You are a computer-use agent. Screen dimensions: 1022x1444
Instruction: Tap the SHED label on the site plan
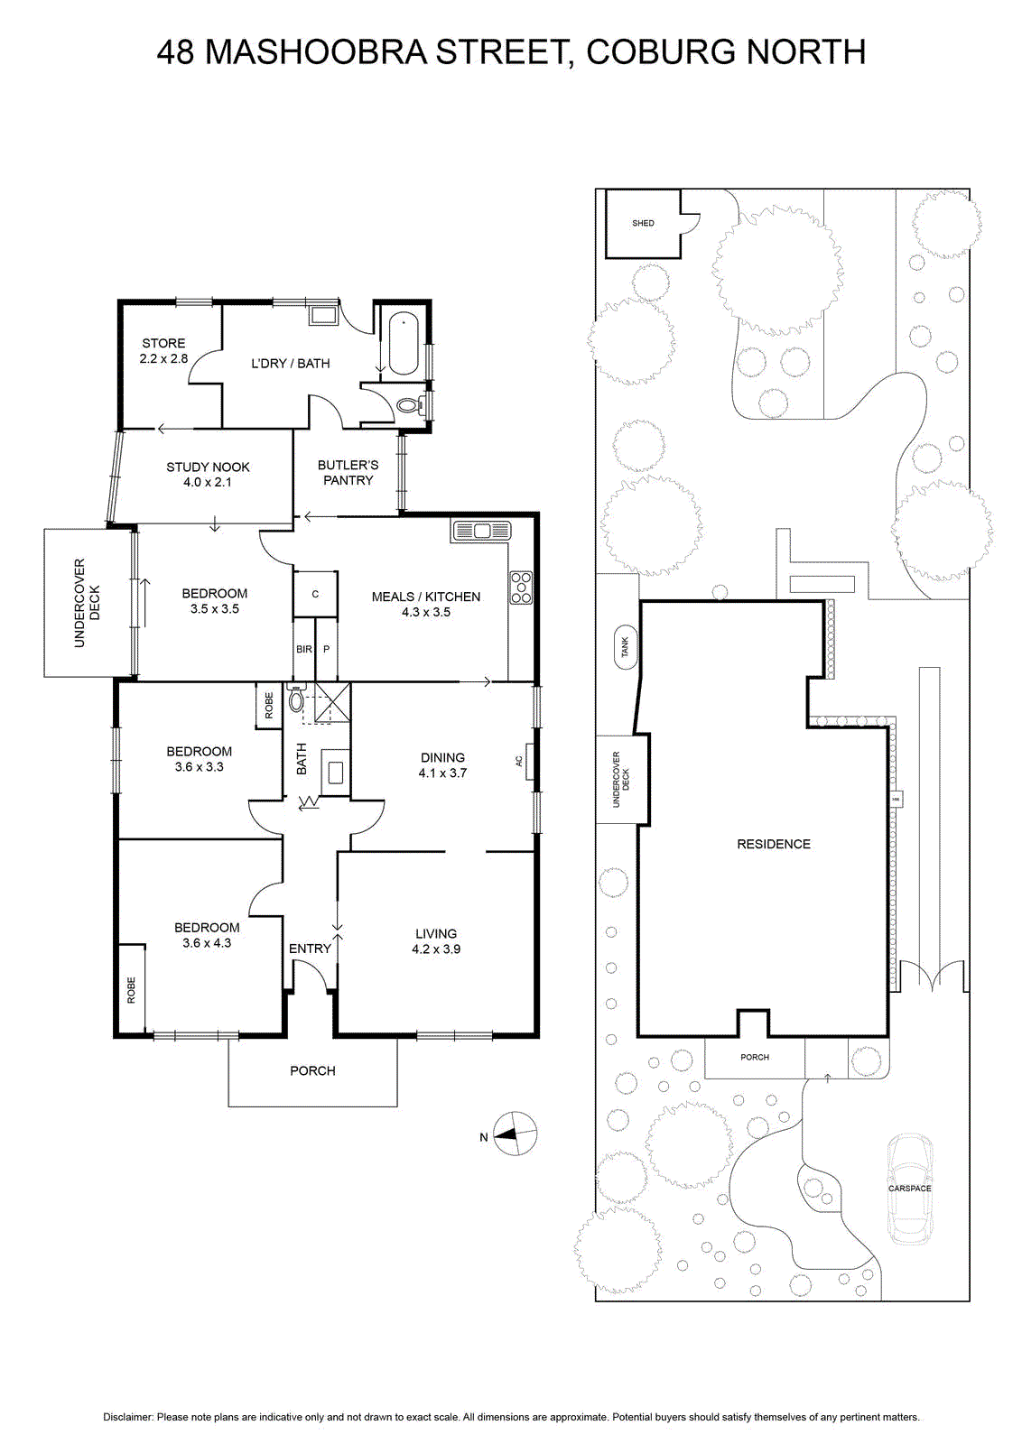click(x=642, y=223)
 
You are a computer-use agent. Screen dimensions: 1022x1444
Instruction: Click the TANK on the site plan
click(x=624, y=646)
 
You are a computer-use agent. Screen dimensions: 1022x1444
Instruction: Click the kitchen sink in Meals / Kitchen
click(x=481, y=532)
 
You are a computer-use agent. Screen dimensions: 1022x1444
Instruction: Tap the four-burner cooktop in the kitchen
click(x=521, y=588)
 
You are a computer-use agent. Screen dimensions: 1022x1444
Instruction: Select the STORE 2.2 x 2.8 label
click(x=163, y=351)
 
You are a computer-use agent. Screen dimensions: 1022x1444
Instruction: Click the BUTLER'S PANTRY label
click(x=348, y=473)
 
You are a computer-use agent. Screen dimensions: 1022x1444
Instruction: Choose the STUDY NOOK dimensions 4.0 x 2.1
click(x=208, y=482)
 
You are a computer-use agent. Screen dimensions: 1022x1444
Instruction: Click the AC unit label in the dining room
click(x=519, y=761)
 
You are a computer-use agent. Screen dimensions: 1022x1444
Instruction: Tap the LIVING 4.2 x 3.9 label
click(x=436, y=940)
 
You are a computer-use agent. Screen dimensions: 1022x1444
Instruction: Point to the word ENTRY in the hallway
click(x=310, y=949)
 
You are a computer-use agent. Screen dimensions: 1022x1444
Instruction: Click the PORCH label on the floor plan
click(x=312, y=1070)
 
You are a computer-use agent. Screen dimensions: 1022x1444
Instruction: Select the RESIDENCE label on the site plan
click(x=774, y=844)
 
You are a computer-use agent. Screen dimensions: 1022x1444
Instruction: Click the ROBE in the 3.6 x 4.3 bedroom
click(x=132, y=990)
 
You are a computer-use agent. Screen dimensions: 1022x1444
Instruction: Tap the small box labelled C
click(x=315, y=594)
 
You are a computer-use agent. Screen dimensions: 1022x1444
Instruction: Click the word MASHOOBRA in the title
click(x=316, y=52)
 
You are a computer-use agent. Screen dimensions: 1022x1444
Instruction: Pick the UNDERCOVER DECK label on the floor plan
click(x=87, y=603)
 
